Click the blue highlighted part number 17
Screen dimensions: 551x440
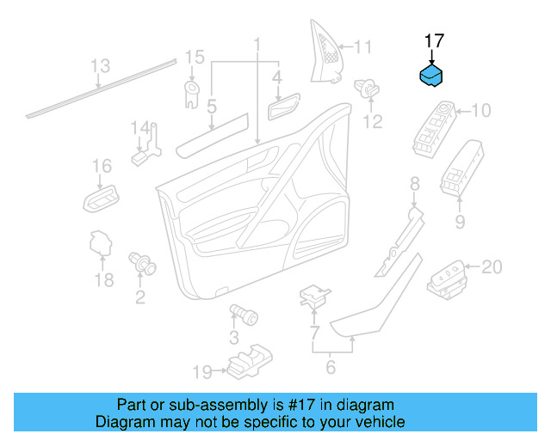tap(431, 75)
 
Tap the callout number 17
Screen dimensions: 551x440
tap(434, 41)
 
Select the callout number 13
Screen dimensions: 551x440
tap(100, 66)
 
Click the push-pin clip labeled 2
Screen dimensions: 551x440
tap(142, 263)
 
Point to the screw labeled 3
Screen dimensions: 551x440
tap(244, 315)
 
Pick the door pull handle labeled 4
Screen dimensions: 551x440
tap(284, 107)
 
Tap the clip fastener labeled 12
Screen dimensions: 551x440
tap(367, 89)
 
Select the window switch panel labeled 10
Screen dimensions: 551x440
tap(435, 129)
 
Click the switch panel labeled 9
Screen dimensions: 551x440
tap(462, 168)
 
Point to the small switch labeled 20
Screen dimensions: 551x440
tap(448, 280)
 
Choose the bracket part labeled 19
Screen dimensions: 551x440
tap(250, 362)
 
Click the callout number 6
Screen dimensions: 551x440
tap(331, 367)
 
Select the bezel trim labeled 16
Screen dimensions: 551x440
tap(102, 199)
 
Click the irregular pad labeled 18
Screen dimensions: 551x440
tap(102, 243)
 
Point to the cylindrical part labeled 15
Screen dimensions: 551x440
tap(192, 94)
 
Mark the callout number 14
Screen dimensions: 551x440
tap(140, 128)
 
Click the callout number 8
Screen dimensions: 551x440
tap(415, 184)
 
